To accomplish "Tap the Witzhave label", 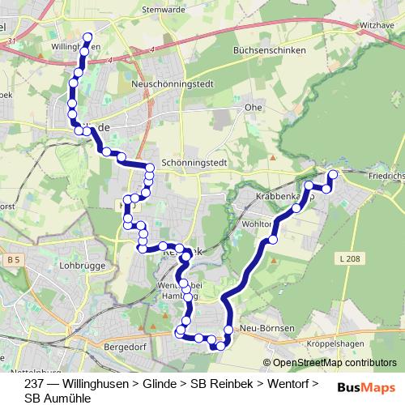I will [376, 25].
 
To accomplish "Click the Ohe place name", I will [253, 107].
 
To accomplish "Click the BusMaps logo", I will [366, 386].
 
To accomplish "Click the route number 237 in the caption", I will [34, 383].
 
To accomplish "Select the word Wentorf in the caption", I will [287, 383].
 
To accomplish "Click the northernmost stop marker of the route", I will [88, 36].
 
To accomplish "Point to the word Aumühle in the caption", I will [71, 398].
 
